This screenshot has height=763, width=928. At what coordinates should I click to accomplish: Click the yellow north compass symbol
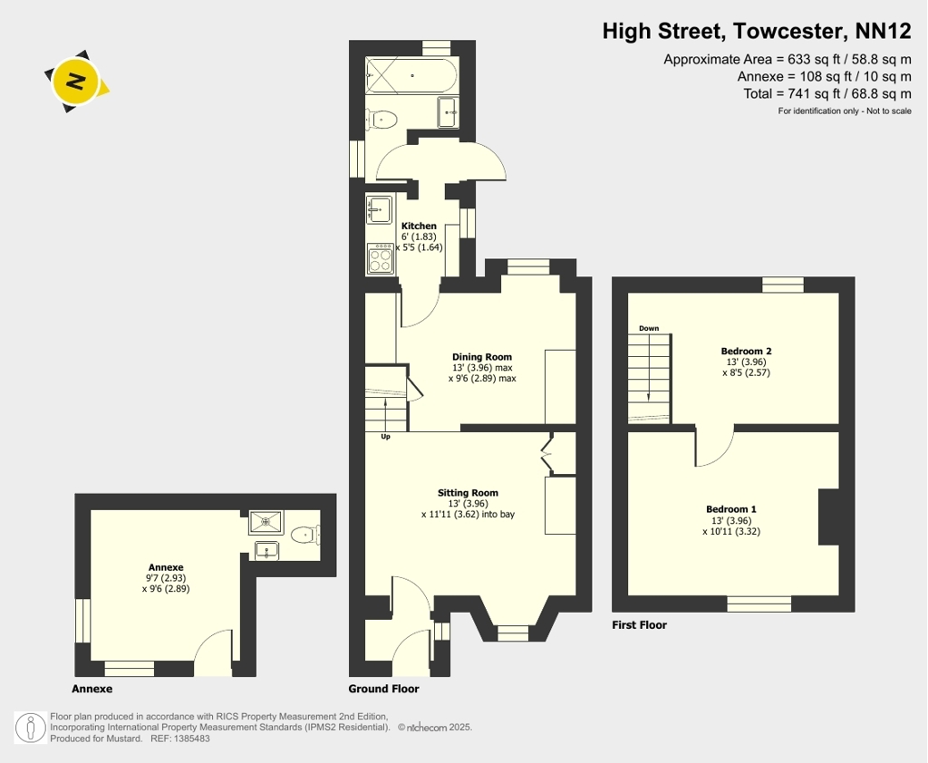[x=76, y=81]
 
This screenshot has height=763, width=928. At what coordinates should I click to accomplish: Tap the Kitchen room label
[x=419, y=226]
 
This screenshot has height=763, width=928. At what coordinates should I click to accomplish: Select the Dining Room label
[x=482, y=356]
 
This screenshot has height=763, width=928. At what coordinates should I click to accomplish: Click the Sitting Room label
[x=468, y=492]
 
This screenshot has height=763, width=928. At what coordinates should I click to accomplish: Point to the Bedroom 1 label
[x=731, y=509]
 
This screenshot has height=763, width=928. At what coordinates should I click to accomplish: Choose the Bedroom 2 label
[x=746, y=351]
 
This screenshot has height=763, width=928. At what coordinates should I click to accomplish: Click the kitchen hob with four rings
[x=380, y=258]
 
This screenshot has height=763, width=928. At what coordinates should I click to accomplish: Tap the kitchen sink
[x=379, y=209]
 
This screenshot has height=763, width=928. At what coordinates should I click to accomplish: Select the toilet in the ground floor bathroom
[x=381, y=121]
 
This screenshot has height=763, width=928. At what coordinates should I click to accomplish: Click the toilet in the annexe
[x=305, y=535]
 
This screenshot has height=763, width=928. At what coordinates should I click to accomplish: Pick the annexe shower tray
[x=266, y=521]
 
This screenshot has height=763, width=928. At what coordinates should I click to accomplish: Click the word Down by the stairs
[x=649, y=328]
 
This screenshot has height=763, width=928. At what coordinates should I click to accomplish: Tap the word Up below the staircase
[x=385, y=437]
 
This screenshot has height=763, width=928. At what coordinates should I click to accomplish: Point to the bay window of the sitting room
[x=513, y=633]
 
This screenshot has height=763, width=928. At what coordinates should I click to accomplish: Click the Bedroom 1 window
[x=759, y=604]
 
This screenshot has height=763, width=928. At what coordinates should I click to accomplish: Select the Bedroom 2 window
[x=783, y=285]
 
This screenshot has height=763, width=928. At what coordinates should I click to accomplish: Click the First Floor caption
[x=639, y=624]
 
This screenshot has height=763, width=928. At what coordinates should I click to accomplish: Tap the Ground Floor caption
[x=383, y=689]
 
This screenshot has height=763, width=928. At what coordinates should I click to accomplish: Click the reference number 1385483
[x=192, y=739]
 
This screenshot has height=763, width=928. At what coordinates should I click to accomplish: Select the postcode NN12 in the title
[x=883, y=31]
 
